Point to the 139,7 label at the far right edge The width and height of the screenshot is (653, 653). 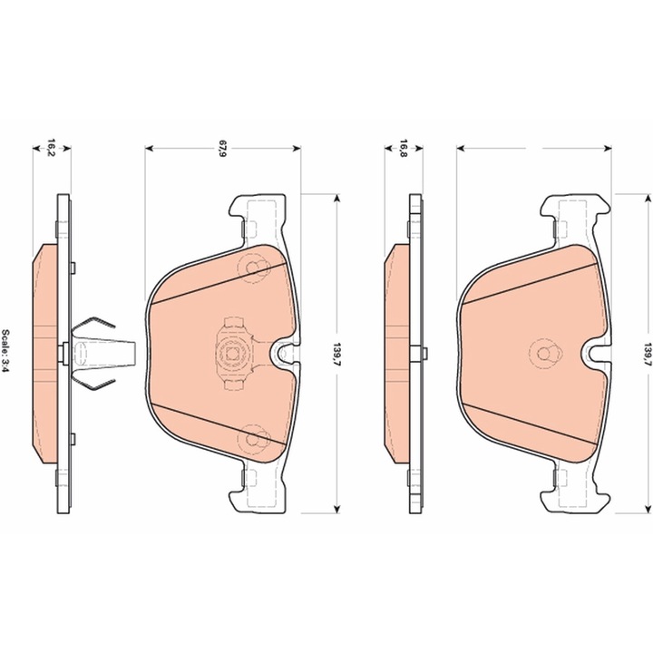pos(646,353)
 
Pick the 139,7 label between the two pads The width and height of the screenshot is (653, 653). pos(337,353)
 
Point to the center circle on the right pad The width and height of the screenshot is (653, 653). pos(545,354)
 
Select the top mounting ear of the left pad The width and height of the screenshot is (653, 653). pos(258,214)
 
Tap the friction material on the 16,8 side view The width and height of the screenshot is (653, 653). pos(396,354)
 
